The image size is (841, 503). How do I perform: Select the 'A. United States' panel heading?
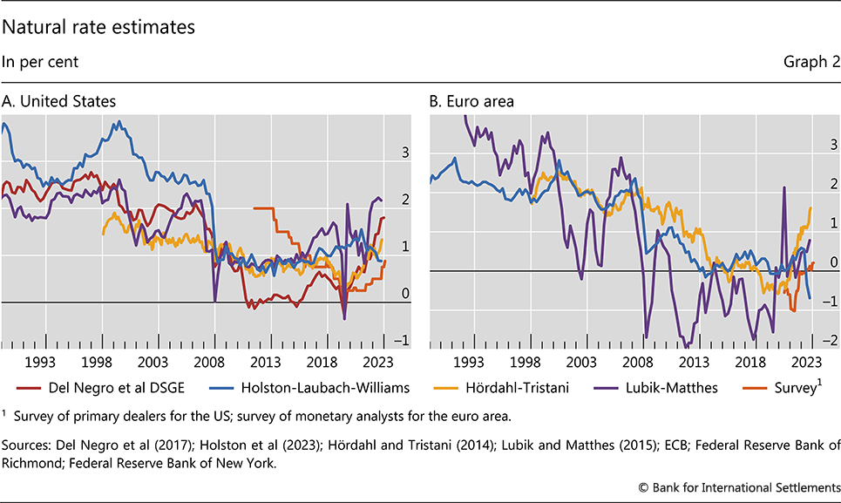[58, 101]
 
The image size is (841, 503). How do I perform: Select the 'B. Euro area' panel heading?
[471, 101]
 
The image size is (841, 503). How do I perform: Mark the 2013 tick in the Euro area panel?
[694, 360]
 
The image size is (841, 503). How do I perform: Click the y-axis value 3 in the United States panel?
[405, 153]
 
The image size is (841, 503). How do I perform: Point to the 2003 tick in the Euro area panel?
[580, 360]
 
